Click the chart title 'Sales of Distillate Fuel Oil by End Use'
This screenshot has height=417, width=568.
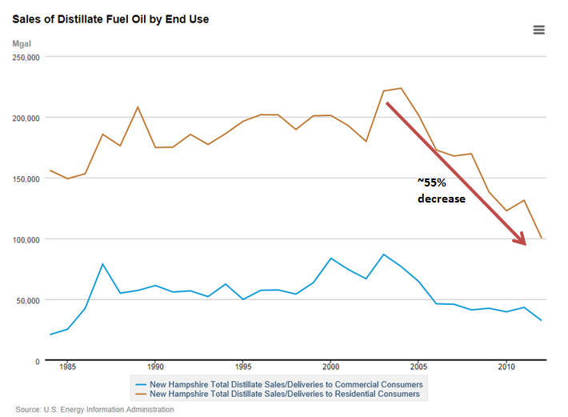pos(111,18)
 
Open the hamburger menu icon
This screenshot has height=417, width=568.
pos(538,30)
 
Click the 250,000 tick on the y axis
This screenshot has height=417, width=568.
pos(24,58)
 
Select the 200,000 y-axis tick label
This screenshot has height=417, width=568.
pos(24,118)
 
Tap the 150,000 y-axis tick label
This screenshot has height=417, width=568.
pos(24,178)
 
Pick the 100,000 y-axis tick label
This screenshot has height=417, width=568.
pos(24,239)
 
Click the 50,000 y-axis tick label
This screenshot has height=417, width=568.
pos(26,300)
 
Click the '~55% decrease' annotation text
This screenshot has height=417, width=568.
pos(441,190)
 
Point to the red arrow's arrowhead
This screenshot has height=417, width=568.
pos(522,239)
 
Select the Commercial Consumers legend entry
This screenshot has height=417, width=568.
pos(279,384)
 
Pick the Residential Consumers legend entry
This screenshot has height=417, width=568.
pos(279,394)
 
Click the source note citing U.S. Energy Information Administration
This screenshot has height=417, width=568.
pos(94,409)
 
